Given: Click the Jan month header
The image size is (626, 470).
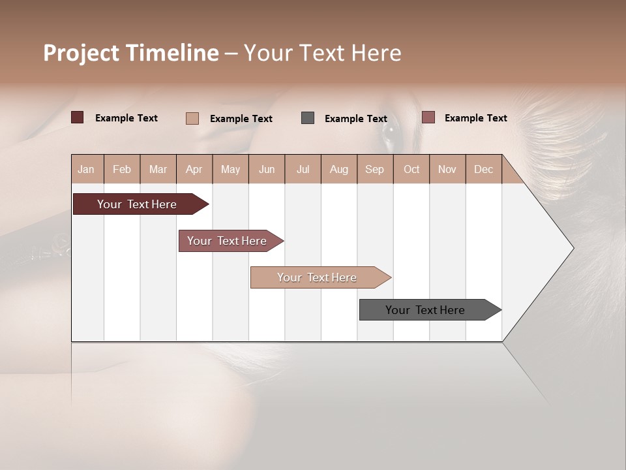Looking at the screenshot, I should pyautogui.click(x=87, y=169).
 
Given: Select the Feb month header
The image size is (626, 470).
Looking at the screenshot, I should pyautogui.click(x=122, y=169).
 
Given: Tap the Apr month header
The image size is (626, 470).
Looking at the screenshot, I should pyautogui.click(x=194, y=169).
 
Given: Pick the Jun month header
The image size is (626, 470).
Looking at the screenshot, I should pyautogui.click(x=267, y=169).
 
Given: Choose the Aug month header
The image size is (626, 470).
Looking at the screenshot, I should pyautogui.click(x=339, y=169).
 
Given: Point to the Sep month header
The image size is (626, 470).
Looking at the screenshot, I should pyautogui.click(x=375, y=169).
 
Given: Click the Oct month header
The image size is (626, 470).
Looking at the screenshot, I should pyautogui.click(x=411, y=169).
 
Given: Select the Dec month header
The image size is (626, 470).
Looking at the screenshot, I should pyautogui.click(x=484, y=169).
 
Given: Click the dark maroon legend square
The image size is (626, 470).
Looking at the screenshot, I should pyautogui.click(x=77, y=117).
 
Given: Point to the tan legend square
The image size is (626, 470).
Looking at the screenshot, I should pyautogui.click(x=192, y=118).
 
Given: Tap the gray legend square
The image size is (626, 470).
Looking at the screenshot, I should pyautogui.click(x=308, y=117).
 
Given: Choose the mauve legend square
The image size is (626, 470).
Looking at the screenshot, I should pyautogui.click(x=428, y=117).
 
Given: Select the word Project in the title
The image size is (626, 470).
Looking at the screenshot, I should pyautogui.click(x=81, y=53).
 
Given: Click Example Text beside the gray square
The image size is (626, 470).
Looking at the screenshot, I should pyautogui.click(x=356, y=119).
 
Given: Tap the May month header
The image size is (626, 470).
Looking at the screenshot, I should pyautogui.click(x=230, y=169).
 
